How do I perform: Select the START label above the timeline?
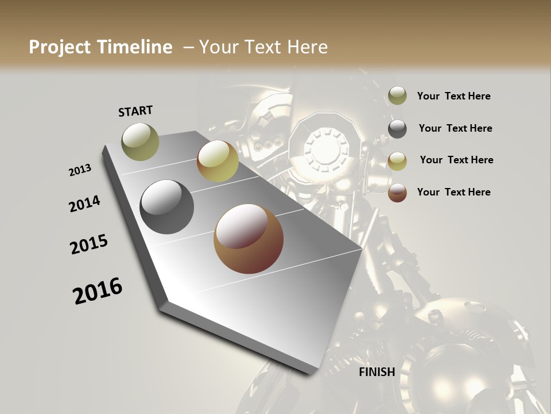135,110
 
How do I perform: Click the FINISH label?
377,372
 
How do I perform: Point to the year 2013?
80,170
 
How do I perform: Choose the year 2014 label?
84,204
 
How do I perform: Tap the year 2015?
89,244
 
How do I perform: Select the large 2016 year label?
98,290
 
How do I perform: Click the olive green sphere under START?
141,141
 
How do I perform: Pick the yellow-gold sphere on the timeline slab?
218,162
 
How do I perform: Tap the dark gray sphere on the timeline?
167,207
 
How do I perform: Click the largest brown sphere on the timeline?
249,239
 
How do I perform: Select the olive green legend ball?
397,96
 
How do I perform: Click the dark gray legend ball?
397,129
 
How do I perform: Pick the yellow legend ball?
397,161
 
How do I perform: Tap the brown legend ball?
397,193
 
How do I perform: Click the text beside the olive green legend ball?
453,97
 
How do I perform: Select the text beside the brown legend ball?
453,192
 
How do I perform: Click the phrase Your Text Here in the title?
263,47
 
